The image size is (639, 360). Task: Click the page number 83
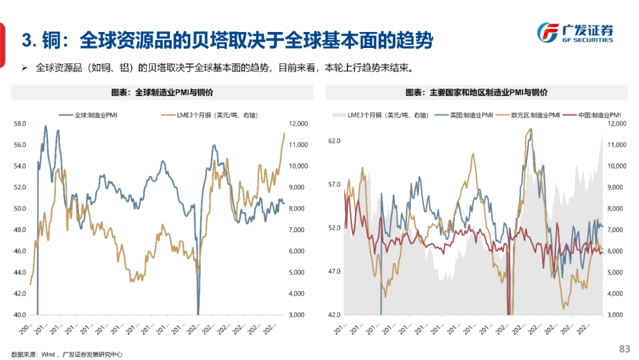click(x=624, y=349)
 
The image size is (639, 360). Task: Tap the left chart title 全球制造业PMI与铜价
click(x=162, y=93)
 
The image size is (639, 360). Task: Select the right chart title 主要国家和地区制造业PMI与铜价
click(x=476, y=93)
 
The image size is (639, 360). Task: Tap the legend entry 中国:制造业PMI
click(x=596, y=114)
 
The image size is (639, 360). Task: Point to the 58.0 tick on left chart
click(x=20, y=124)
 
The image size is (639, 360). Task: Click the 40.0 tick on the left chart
click(x=20, y=315)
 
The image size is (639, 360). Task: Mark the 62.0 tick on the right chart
click(x=335, y=141)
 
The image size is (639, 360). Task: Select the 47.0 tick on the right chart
click(x=335, y=271)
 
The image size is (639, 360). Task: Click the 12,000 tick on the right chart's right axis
click(x=618, y=124)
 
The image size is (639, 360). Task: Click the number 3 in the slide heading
click(x=27, y=41)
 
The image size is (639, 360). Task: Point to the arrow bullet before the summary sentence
click(x=24, y=67)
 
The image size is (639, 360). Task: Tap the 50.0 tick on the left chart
click(x=20, y=208)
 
